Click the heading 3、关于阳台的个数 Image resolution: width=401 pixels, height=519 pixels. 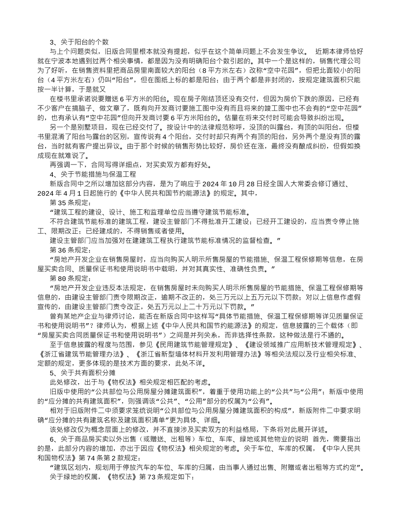coord(79,42)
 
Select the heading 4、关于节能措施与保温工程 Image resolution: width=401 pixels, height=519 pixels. coord(93,173)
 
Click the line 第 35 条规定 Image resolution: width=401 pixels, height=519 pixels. coord(68,202)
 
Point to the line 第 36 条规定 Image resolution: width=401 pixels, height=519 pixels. coord(68,250)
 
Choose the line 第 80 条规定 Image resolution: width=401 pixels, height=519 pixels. coord(68,278)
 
